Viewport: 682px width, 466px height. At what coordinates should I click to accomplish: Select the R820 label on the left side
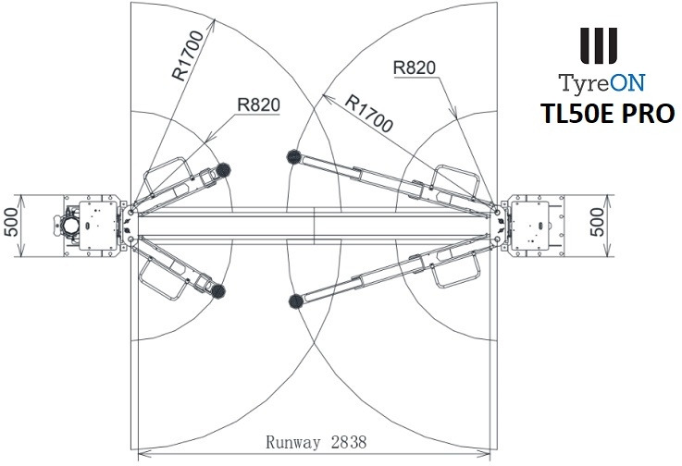coord(259,105)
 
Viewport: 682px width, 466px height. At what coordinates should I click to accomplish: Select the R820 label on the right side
coord(414,67)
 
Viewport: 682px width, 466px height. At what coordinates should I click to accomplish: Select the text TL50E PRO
coord(608,114)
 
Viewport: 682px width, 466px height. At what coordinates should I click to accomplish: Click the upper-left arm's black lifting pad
coord(222,168)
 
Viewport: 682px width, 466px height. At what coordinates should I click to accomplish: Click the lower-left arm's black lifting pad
coord(220,292)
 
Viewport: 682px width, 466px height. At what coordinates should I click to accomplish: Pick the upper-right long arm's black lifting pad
coord(295,156)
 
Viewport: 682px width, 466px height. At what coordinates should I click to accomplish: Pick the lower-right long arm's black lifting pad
coord(296,299)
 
